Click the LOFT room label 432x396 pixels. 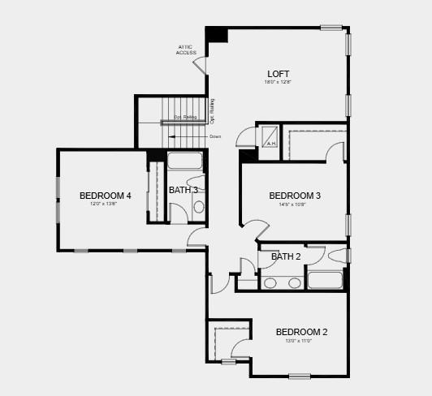tap(278, 74)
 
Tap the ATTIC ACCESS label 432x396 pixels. tap(186, 49)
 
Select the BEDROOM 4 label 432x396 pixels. tap(106, 196)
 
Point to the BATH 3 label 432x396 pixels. tap(184, 190)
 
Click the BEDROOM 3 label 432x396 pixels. tap(295, 196)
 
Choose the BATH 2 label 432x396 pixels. tap(286, 256)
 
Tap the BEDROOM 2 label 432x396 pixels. tap(301, 332)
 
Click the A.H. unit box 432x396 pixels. tap(271, 139)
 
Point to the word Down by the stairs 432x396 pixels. tap(215, 136)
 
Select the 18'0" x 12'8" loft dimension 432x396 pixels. tap(278, 82)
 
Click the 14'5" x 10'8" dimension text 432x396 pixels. tap(295, 204)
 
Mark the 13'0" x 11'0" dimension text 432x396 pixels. tap(299, 341)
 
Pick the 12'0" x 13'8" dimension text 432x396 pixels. tap(104, 204)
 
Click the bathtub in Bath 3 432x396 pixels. tap(185, 160)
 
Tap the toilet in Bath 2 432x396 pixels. tap(339, 256)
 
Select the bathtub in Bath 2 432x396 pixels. tap(326, 281)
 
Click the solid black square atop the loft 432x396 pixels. tap(217, 35)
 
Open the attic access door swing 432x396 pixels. tap(201, 64)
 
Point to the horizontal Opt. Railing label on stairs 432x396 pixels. tap(185, 118)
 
